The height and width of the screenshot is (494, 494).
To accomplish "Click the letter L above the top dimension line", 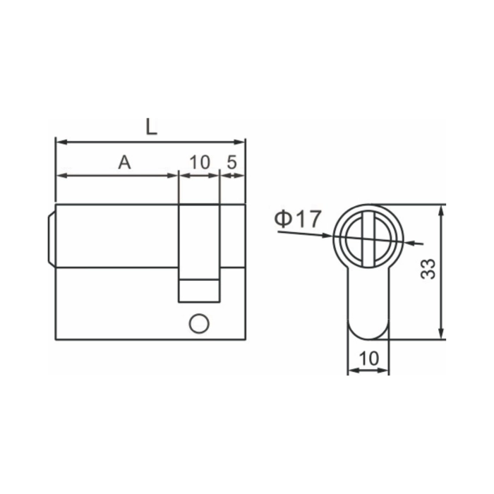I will tap(151, 126).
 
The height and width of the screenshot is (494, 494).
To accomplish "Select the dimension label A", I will tap(124, 162).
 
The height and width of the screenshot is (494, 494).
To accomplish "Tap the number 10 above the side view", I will tap(200, 162).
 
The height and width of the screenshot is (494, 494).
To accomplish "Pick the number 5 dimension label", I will tap(231, 162).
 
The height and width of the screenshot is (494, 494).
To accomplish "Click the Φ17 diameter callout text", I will tap(297, 219).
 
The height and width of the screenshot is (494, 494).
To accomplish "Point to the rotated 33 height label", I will tap(428, 269).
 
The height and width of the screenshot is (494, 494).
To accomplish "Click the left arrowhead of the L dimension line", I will tap(59, 142).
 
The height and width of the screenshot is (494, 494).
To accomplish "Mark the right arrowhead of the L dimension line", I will tap(241, 142).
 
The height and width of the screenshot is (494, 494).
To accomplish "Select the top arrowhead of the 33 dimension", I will tap(442, 210).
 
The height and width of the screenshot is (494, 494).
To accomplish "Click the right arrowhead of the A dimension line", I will tap(174, 175).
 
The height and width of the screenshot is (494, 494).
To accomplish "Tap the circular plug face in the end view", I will tap(368, 237).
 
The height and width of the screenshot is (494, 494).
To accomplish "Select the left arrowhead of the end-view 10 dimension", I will tap(351, 370).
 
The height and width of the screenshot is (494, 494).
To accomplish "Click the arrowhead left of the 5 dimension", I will tap(224, 175).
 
